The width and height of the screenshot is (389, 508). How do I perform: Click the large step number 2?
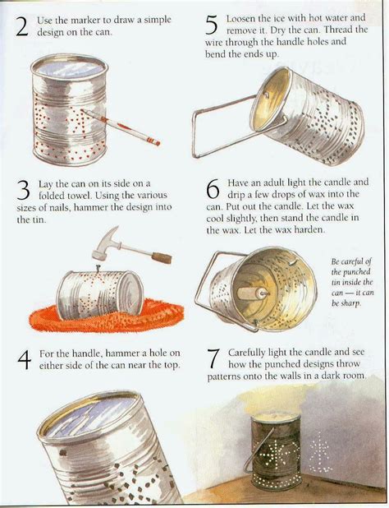click(22, 26)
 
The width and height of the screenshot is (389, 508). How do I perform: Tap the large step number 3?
click(23, 191)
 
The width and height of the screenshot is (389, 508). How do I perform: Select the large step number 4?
click(25, 360)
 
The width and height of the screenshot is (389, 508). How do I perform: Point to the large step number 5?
click(211, 26)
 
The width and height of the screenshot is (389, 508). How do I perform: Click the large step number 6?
click(213, 189)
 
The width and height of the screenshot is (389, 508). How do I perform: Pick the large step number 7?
click(213, 359)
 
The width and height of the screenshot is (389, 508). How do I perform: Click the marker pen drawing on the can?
click(121, 127)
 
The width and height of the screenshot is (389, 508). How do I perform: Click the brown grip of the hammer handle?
click(162, 258)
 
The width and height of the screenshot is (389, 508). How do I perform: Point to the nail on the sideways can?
click(97, 268)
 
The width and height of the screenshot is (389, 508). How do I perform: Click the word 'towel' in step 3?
click(78, 196)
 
